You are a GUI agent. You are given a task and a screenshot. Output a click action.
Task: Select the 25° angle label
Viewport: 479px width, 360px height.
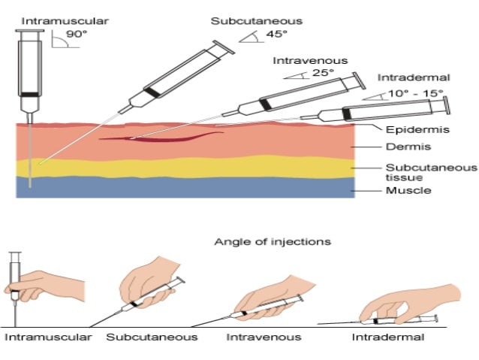pyautogui.click(x=324, y=74)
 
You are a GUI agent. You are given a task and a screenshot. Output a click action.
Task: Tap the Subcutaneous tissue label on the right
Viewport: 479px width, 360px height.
pyautogui.click(x=417, y=172)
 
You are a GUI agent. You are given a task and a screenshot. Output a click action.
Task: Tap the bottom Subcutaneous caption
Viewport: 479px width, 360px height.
pyautogui.click(x=152, y=337)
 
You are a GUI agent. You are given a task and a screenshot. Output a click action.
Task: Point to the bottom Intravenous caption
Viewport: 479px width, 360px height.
pyautogui.click(x=264, y=337)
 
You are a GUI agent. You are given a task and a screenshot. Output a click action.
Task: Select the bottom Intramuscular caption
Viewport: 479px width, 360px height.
pyautogui.click(x=48, y=337)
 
